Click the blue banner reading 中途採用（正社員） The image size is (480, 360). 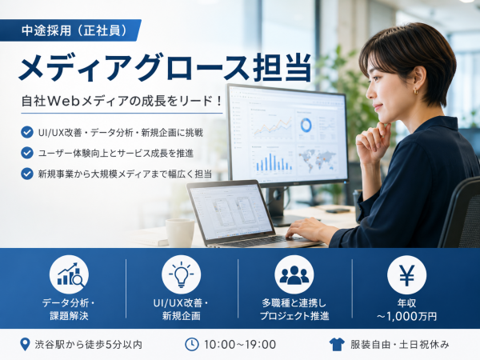(x=70, y=30)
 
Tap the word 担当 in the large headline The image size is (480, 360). (x=282, y=67)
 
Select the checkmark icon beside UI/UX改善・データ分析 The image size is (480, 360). (x=27, y=132)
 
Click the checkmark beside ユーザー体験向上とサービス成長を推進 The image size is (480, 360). (x=27, y=153)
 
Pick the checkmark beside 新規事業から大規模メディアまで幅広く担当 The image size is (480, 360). (x=27, y=174)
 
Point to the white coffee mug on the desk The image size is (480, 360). (x=180, y=233)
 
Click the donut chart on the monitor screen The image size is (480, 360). (x=306, y=125)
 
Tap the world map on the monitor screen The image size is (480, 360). (x=318, y=159)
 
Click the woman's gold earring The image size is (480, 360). (x=416, y=91)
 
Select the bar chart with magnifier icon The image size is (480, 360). (x=69, y=274)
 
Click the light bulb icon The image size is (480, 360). (x=182, y=274)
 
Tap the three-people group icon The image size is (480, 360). (x=294, y=274)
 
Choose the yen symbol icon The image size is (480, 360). (x=406, y=274)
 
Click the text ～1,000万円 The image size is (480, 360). (x=406, y=316)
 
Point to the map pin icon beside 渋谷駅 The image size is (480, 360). (x=25, y=345)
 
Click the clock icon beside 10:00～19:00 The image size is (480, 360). (x=192, y=344)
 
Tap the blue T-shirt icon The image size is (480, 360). (x=337, y=345)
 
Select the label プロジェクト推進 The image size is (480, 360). (x=294, y=316)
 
